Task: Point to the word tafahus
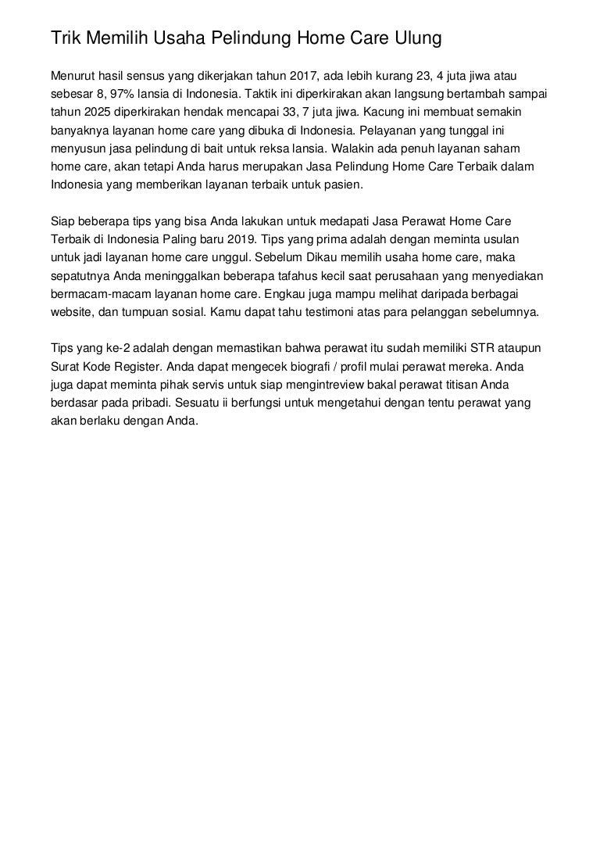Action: point(283,275)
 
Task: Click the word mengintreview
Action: point(349,383)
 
